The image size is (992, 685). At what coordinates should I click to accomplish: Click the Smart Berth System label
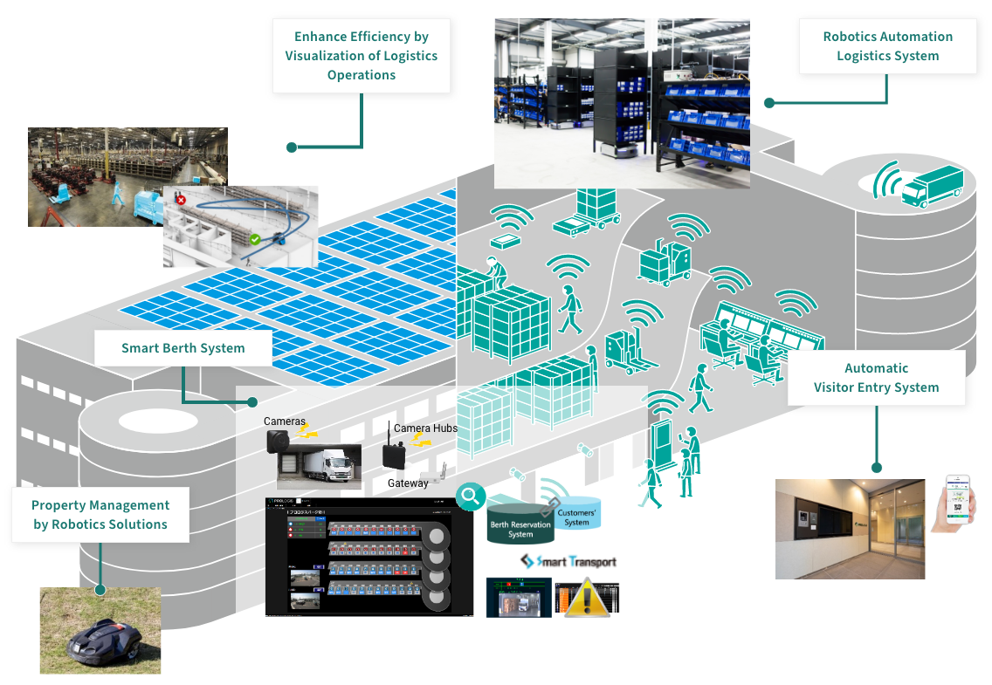tap(183, 348)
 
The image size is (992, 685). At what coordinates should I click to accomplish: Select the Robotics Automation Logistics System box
tap(887, 46)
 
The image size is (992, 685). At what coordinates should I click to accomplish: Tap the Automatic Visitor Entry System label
tap(876, 378)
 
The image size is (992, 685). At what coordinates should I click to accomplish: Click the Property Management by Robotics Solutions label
tap(100, 515)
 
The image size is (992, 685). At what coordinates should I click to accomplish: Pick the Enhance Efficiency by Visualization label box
tap(362, 56)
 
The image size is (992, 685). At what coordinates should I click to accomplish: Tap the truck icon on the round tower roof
tap(933, 186)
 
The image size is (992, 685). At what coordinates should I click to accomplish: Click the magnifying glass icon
tap(471, 497)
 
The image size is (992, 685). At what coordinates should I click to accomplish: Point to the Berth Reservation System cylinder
tap(520, 524)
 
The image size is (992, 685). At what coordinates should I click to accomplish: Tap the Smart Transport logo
tap(568, 561)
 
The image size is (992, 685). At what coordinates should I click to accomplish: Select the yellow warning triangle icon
tap(584, 599)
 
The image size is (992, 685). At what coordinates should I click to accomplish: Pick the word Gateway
tap(408, 483)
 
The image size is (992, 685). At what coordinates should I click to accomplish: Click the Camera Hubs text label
tap(425, 428)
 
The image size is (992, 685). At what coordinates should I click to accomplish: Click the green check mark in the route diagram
tap(255, 238)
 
